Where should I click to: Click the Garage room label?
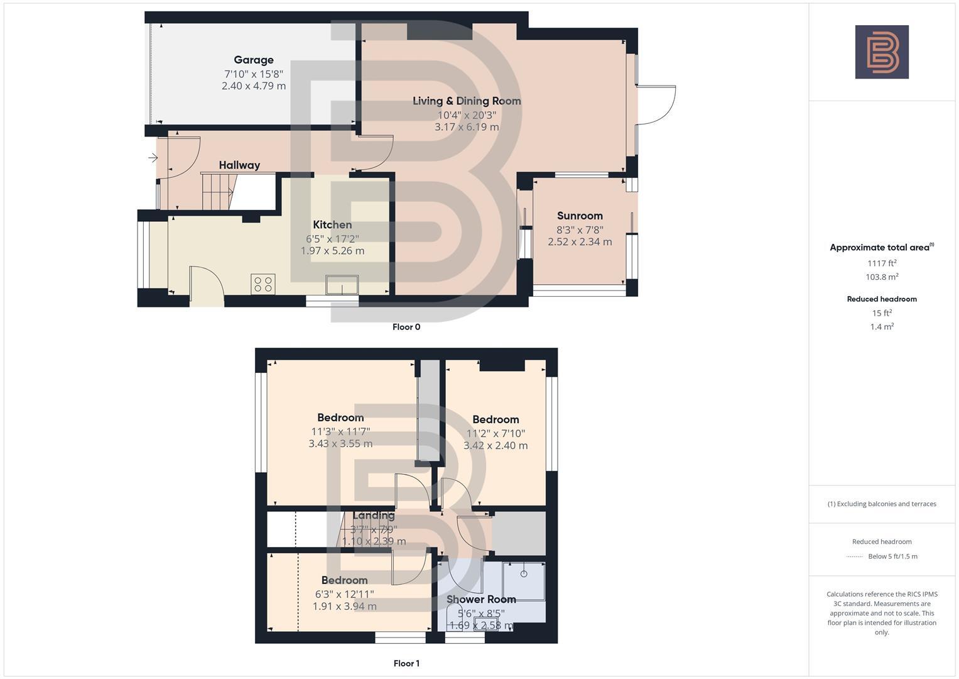click(x=254, y=60)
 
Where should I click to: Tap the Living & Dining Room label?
click(x=467, y=101)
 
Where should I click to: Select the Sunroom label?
click(x=580, y=216)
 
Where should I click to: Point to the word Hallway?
click(x=239, y=165)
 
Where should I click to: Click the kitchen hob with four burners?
click(x=263, y=284)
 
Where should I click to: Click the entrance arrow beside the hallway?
click(x=153, y=158)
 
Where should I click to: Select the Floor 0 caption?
click(x=406, y=327)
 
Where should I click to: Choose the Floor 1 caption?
click(x=406, y=663)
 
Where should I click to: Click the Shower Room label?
click(x=481, y=600)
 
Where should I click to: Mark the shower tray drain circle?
click(x=524, y=573)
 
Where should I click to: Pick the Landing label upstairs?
click(x=374, y=516)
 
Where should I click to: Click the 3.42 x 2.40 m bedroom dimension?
click(x=496, y=446)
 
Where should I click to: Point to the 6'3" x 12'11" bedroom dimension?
click(x=344, y=594)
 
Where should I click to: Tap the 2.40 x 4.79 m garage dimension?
click(x=254, y=86)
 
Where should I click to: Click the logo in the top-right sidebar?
click(x=882, y=52)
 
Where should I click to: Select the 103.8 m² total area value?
click(x=882, y=277)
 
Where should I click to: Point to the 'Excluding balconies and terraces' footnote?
click(x=882, y=504)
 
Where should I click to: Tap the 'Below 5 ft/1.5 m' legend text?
click(x=892, y=556)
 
